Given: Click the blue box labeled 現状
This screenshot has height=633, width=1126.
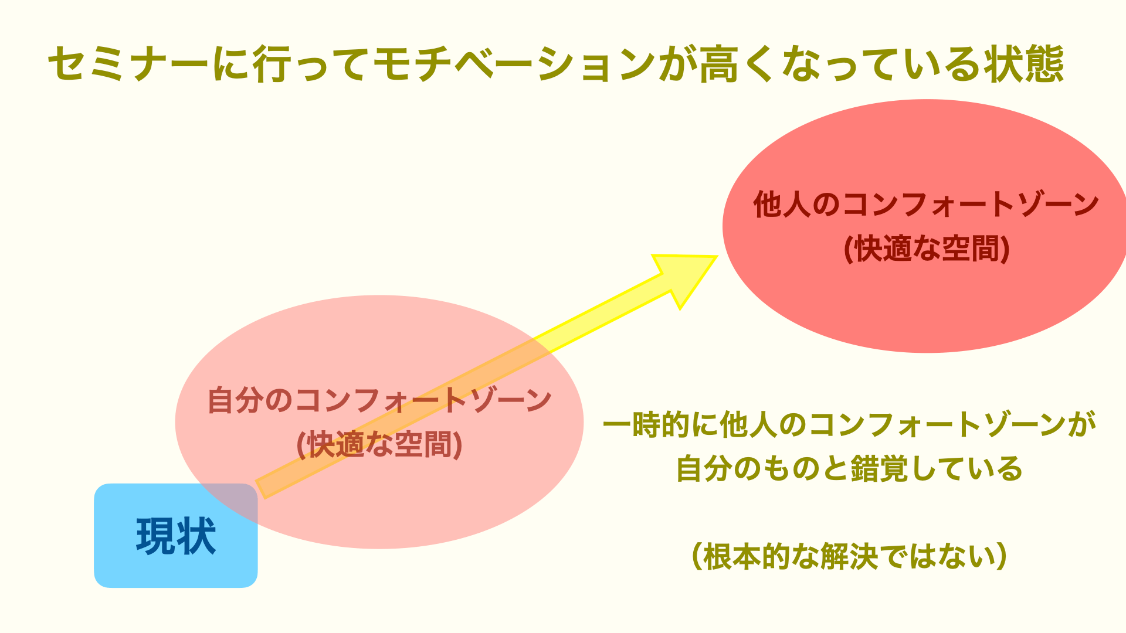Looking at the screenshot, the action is [176, 536].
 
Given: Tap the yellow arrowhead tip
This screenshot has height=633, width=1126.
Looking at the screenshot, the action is [717, 256].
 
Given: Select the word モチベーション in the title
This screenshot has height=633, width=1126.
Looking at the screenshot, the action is [513, 63].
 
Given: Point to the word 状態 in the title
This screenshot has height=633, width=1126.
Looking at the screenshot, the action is [1024, 63].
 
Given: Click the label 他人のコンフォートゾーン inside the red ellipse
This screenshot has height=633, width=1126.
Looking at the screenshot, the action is [926, 205].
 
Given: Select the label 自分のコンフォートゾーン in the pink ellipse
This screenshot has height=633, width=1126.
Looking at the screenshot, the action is [379, 400].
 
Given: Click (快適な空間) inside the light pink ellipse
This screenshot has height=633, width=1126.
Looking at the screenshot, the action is [379, 445].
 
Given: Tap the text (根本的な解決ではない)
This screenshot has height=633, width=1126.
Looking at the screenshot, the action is [850, 556].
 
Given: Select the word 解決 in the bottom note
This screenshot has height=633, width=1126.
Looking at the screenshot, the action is [849, 556].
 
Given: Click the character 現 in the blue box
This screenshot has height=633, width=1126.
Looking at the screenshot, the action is [155, 536].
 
